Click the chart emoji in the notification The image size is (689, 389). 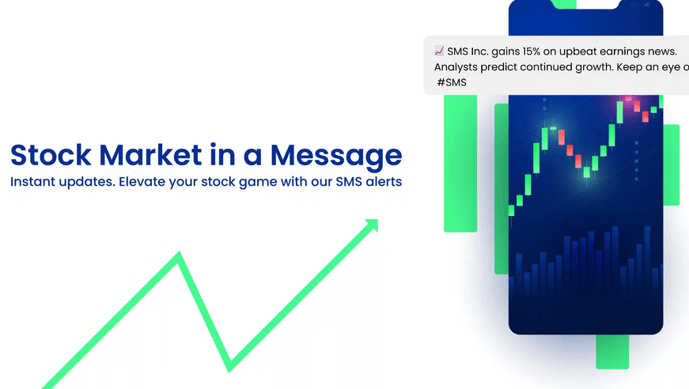(x=439, y=51)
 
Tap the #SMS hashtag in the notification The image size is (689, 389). (x=451, y=82)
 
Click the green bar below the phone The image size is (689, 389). (x=612, y=351)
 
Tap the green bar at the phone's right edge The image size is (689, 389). (x=671, y=164)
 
